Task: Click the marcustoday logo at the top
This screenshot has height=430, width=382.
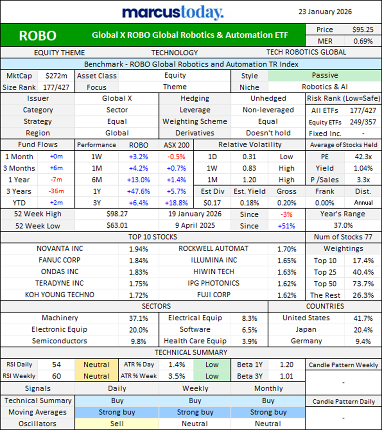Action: click(x=173, y=12)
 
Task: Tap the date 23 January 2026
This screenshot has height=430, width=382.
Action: click(x=325, y=12)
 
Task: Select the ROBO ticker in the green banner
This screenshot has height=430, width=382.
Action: click(x=37, y=36)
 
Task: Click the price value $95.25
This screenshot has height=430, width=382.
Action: click(x=363, y=30)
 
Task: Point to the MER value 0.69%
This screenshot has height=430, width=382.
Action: click(x=363, y=41)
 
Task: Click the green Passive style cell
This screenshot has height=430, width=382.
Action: click(x=325, y=76)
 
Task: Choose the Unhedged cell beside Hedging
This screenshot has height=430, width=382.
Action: click(x=268, y=99)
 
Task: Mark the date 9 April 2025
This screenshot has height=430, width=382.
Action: click(x=194, y=226)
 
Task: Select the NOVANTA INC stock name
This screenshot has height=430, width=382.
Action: click(x=60, y=249)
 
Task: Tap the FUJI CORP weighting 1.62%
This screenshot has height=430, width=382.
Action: click(x=287, y=295)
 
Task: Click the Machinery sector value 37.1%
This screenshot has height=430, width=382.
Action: click(x=138, y=318)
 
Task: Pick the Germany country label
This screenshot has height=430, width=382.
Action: click(x=306, y=341)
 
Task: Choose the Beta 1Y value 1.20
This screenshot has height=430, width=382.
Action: click(x=287, y=365)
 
